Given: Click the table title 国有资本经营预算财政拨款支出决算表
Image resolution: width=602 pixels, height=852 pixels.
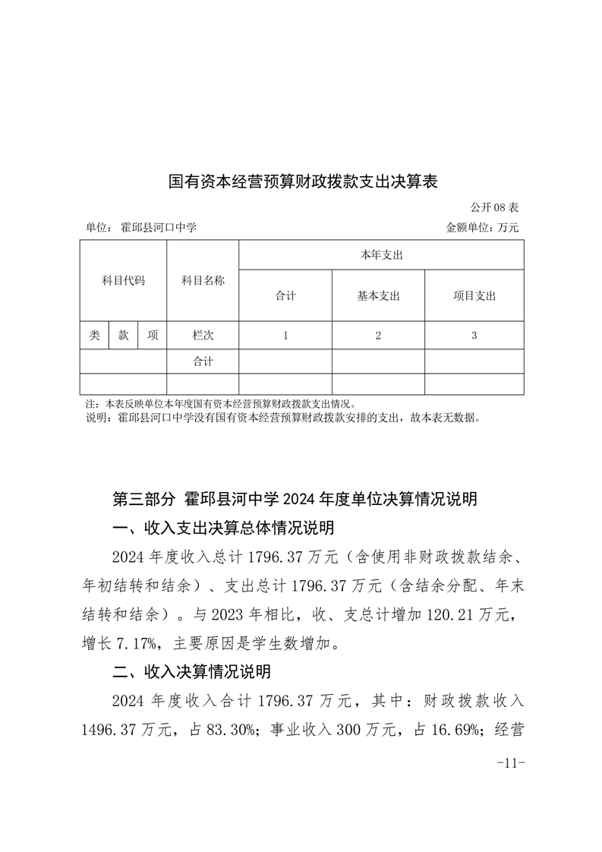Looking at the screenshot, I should coord(304,182).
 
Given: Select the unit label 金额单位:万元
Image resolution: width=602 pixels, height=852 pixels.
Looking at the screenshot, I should coord(483,227).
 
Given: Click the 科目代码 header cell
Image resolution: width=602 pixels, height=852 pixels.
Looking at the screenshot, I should coord(123,280).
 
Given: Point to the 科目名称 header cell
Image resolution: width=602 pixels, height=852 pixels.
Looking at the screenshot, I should coord(203,280).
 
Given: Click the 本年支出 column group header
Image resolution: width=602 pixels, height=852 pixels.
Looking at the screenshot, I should coord(381,255).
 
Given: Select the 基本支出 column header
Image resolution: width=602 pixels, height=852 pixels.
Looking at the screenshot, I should coord(378,296).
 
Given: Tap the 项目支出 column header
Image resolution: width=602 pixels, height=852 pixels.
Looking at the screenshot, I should coord(474,296).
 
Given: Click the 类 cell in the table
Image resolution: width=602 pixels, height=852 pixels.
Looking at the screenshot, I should coord(94,335).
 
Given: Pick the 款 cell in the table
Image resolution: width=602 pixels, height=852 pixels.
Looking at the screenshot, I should coord(123,335).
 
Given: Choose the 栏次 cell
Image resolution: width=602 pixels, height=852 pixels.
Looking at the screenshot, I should coord(203,335).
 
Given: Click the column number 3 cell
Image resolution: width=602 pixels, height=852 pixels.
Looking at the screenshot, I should coord(474,335).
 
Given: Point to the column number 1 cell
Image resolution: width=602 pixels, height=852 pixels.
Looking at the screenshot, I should coord(285,335).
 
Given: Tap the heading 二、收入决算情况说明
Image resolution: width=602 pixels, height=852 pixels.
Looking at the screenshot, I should coord(191,672).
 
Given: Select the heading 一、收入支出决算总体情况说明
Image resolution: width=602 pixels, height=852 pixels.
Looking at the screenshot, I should coord(223,528).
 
